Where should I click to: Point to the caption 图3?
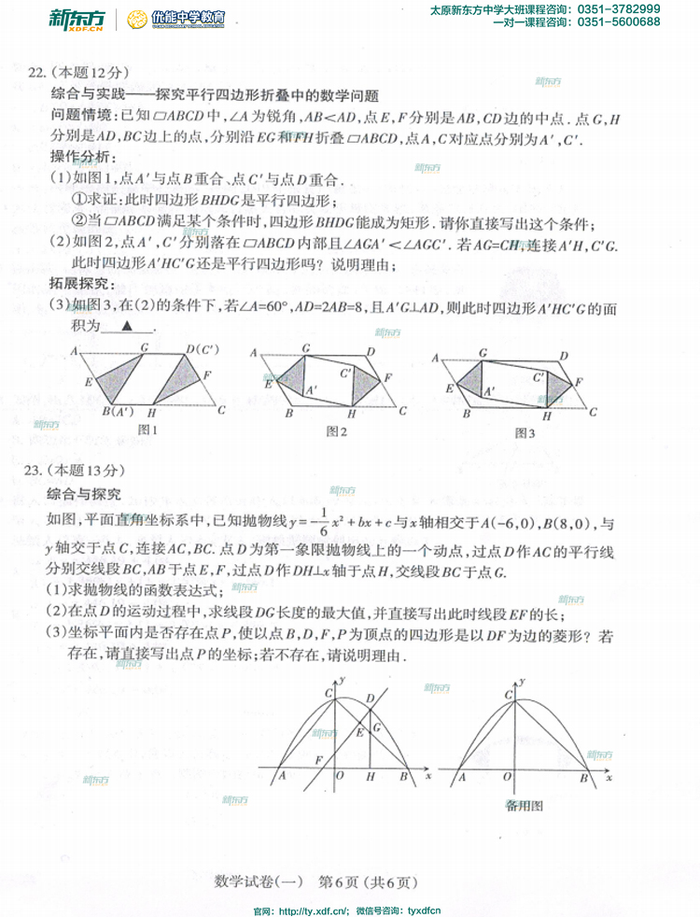coord(525,432)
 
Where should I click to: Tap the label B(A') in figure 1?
coord(118,412)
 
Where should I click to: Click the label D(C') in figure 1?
coord(202,349)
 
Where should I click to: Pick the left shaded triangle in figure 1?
coord(112,381)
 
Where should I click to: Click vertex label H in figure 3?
coord(547,416)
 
